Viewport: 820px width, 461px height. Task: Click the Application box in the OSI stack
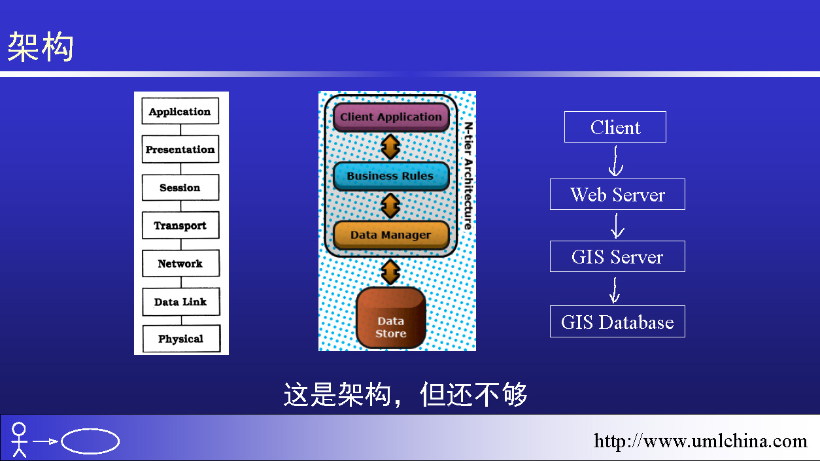click(x=180, y=111)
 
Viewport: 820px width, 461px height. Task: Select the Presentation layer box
click(x=180, y=149)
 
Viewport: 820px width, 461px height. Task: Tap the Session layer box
click(x=180, y=188)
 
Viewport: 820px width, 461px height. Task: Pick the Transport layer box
click(x=180, y=225)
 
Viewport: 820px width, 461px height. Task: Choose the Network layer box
click(x=181, y=264)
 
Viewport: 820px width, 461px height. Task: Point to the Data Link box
click(x=181, y=301)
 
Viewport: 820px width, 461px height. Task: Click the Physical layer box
click(x=182, y=339)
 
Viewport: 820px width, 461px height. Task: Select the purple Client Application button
click(x=391, y=117)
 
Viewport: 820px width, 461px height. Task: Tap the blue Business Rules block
click(x=391, y=176)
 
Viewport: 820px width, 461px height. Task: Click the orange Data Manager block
click(x=391, y=235)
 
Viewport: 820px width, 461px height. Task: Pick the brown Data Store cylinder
click(x=391, y=318)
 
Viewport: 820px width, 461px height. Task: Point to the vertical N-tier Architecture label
click(x=468, y=176)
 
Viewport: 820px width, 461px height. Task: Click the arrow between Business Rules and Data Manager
click(x=390, y=206)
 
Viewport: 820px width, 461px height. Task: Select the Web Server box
click(x=617, y=194)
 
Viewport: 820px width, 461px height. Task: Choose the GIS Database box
click(x=617, y=322)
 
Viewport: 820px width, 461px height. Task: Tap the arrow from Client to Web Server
click(x=616, y=161)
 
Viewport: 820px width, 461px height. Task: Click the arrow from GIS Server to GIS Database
click(x=615, y=290)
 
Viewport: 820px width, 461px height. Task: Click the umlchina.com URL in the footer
click(x=700, y=441)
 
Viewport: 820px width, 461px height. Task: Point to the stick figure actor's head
click(x=19, y=429)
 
